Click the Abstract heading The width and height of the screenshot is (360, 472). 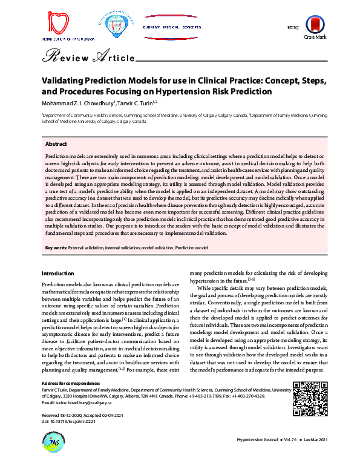point(56,144)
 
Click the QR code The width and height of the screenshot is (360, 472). point(306,397)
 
